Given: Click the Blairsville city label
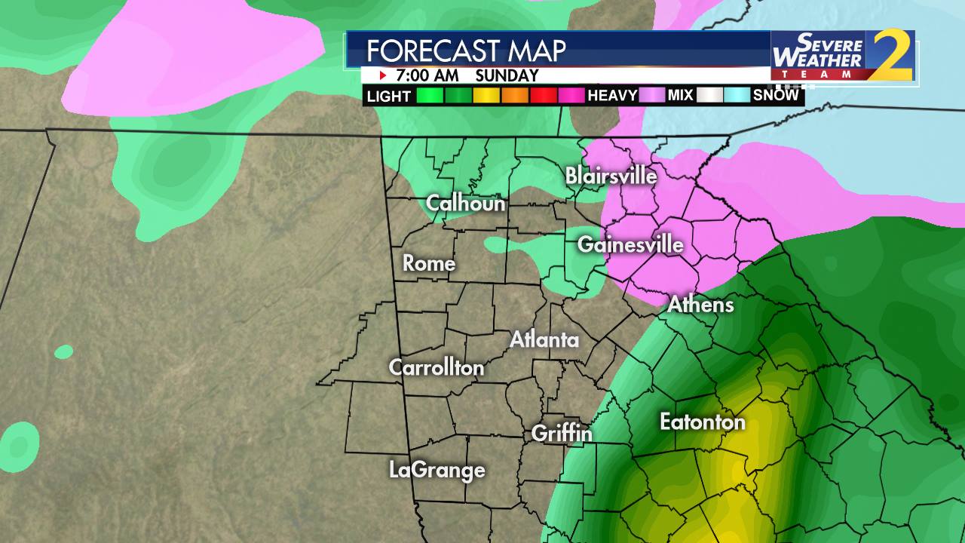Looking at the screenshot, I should (x=611, y=176).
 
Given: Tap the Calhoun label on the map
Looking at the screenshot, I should (x=465, y=203).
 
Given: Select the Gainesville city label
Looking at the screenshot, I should (x=630, y=244).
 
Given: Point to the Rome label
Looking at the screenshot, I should (x=429, y=263).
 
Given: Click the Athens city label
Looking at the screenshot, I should (x=700, y=305).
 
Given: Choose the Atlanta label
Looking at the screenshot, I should (x=544, y=340).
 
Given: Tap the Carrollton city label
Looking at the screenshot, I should (x=437, y=367).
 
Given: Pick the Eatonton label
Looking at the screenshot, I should (x=702, y=422).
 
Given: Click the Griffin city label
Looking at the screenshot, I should (x=562, y=434).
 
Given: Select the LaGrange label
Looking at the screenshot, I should (x=437, y=471).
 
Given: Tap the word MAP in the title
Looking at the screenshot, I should (x=539, y=51).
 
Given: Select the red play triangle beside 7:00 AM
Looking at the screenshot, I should (x=383, y=75).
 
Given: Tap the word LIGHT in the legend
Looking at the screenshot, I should (x=389, y=97).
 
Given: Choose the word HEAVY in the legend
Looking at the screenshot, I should (x=612, y=96).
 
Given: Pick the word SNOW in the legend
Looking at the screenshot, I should (x=776, y=96).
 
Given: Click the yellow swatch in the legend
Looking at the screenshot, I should (x=487, y=96).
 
